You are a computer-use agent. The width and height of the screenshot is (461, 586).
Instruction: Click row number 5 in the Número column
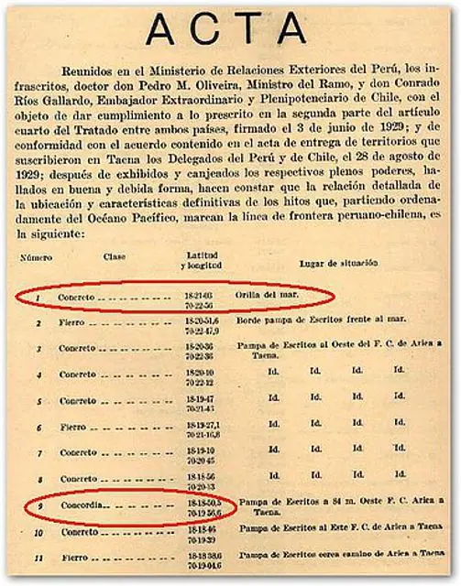(x=39, y=400)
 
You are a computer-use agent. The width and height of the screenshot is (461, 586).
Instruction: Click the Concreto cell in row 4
(x=79, y=374)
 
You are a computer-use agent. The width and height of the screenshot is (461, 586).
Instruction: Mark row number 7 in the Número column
(x=39, y=452)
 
